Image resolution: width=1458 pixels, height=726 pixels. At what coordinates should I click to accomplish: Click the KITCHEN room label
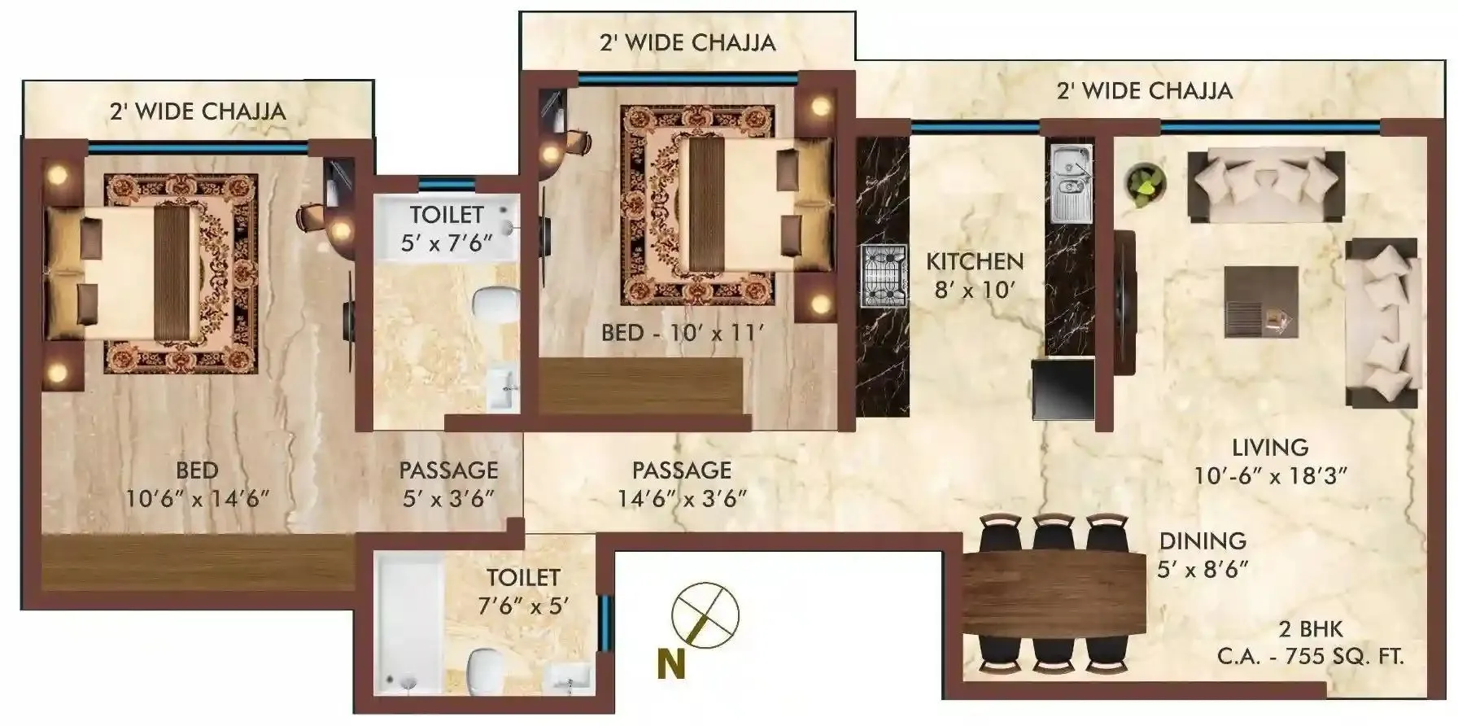point(975,261)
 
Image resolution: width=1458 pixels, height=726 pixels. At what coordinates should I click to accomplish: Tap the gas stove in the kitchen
point(884,275)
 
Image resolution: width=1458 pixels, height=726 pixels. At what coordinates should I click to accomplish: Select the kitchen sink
point(1070,183)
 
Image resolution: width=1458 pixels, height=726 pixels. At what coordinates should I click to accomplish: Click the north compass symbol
point(705,617)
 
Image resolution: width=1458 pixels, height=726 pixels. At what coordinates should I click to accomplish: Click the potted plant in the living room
point(1146,181)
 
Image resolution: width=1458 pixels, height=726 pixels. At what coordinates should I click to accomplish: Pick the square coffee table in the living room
point(1261,301)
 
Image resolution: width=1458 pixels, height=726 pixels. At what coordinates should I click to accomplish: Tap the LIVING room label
point(1270,447)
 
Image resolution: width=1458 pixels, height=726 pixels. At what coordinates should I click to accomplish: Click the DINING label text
point(1203,541)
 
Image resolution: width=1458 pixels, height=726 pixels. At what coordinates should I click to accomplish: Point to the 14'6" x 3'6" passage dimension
point(682,499)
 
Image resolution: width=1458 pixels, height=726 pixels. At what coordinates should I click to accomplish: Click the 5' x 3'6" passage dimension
point(448,499)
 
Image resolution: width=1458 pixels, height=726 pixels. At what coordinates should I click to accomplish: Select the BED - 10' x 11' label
point(683,333)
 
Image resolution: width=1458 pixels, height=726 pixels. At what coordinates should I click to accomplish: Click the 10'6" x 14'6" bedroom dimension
point(197,499)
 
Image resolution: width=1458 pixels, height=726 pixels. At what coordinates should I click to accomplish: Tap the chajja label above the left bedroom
point(198,112)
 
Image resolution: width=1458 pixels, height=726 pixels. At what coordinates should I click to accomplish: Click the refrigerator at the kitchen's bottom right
point(1062,389)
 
